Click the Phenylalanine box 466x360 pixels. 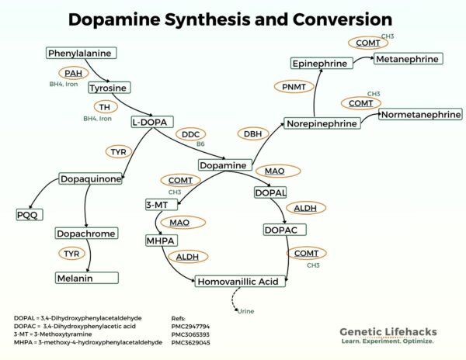80,54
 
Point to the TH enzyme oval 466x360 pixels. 102,107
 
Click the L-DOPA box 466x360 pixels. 153,122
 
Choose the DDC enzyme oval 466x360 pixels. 190,134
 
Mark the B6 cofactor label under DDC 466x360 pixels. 200,144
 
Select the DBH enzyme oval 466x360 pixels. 252,134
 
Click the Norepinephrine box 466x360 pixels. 321,123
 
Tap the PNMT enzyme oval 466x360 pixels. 294,87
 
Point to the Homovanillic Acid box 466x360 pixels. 235,282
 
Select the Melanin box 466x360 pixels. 86,278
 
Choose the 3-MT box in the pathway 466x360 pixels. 161,205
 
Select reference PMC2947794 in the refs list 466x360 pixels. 191,327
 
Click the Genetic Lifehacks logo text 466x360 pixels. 387,332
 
